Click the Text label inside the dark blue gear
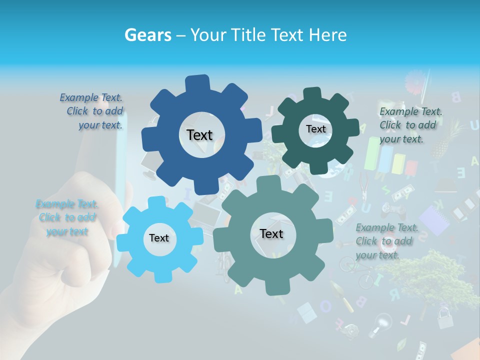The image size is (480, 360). point(199,135)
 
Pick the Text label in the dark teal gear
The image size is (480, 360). point(315,129)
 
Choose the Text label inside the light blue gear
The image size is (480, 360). point(159,238)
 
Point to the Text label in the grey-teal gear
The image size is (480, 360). point(271,233)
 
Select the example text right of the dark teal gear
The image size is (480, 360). point(410,125)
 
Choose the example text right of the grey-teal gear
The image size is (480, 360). point(386,241)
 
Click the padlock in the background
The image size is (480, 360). point(444,316)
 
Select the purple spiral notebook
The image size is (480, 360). point(434,220)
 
